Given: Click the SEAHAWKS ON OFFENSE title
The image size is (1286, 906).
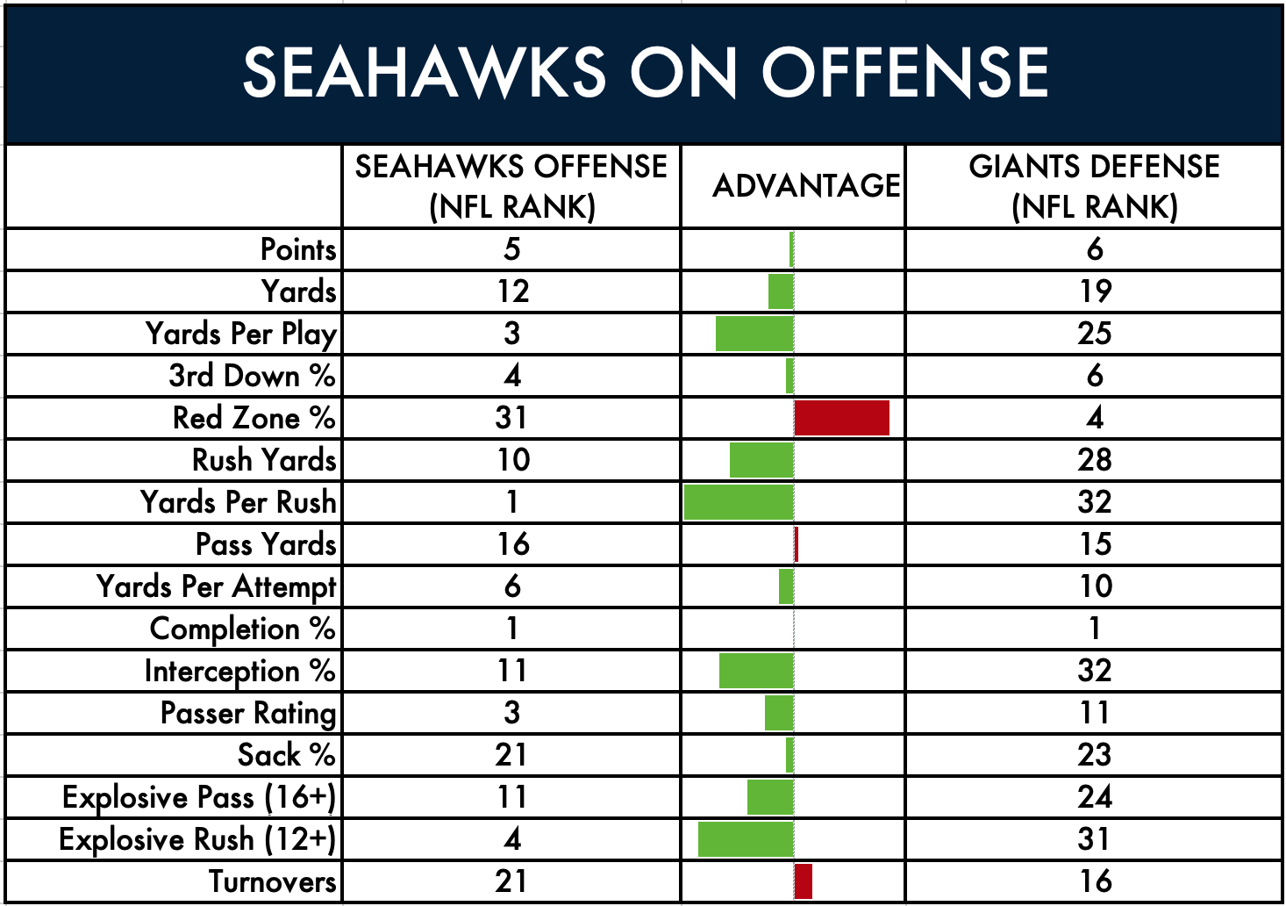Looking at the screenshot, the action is [x=646, y=72].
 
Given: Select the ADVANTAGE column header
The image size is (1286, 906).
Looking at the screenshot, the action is [x=806, y=185].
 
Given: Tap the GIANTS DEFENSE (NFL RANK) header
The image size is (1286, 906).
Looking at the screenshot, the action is [x=1094, y=187].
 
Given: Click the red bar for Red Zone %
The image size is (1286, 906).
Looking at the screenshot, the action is [x=841, y=418].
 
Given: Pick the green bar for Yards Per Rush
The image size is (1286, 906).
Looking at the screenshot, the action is [x=739, y=502].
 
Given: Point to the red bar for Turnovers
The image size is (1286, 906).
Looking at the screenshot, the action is [x=804, y=881].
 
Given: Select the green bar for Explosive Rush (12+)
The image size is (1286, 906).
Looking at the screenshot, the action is [x=746, y=839].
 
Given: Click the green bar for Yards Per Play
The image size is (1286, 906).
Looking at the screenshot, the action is [x=754, y=334].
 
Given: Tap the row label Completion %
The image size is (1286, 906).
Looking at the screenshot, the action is [x=242, y=629].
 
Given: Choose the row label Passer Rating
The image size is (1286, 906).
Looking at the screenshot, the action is [x=248, y=713].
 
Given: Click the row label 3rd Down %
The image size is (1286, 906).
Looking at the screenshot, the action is [x=252, y=376].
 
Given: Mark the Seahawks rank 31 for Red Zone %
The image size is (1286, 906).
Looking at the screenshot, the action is [x=511, y=418].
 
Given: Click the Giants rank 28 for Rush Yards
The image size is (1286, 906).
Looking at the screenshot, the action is [x=1094, y=460].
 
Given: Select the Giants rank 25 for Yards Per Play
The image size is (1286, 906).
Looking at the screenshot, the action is [x=1094, y=334].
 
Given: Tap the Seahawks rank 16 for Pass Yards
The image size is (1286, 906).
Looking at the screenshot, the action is [x=512, y=544].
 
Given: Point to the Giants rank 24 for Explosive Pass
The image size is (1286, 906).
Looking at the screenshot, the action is [x=1094, y=797].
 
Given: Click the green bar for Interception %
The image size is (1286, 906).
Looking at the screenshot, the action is [x=756, y=671].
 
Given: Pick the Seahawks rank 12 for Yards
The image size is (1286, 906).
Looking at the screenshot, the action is [x=512, y=291].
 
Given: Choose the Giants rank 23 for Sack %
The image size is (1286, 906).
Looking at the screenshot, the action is [x=1094, y=755].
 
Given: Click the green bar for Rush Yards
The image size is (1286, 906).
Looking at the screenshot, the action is [x=761, y=460].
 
